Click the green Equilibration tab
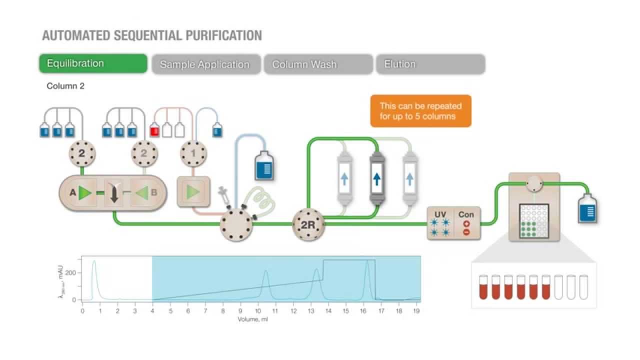[93, 63]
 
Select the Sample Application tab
[205, 64]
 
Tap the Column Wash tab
[318, 64]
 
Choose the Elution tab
[430, 64]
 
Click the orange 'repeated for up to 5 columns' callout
[420, 110]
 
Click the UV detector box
[440, 223]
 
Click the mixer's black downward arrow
[114, 193]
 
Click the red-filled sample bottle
[154, 131]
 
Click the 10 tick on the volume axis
[258, 310]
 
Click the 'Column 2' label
[65, 86]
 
